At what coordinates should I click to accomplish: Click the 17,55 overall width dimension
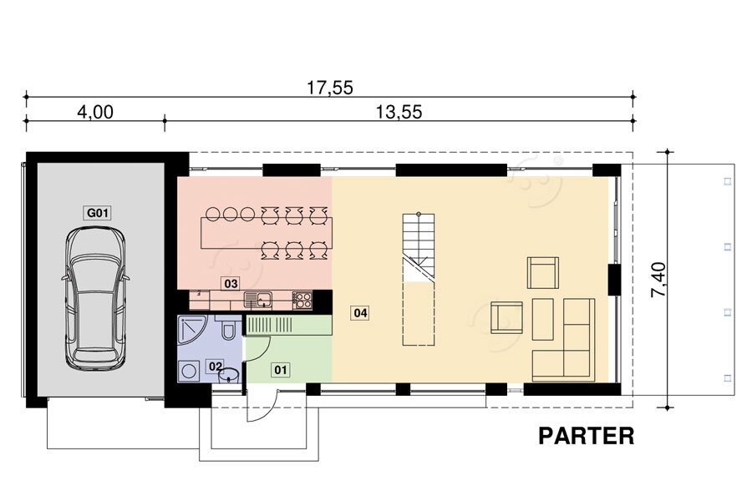point(330,88)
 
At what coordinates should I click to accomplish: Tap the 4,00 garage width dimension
point(95,112)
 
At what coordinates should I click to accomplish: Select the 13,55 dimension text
point(399,112)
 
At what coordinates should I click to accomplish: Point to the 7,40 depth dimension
point(658,280)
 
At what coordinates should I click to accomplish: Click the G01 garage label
point(98,212)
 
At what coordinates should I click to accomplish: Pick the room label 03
point(231,284)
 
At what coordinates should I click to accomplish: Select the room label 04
point(360,313)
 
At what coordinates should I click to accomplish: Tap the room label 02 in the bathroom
point(216,367)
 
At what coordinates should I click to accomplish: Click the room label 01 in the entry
point(281,370)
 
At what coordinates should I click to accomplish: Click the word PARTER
point(586,436)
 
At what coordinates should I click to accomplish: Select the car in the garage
point(95,297)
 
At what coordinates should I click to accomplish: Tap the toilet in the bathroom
point(229,328)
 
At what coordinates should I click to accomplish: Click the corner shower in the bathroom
point(192,331)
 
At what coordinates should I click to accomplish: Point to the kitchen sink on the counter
point(257,300)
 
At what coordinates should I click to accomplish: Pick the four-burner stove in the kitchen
point(302,300)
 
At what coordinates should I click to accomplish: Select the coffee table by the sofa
point(543,319)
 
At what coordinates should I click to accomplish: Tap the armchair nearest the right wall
point(543,272)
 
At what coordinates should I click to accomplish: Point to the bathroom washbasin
point(229,375)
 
